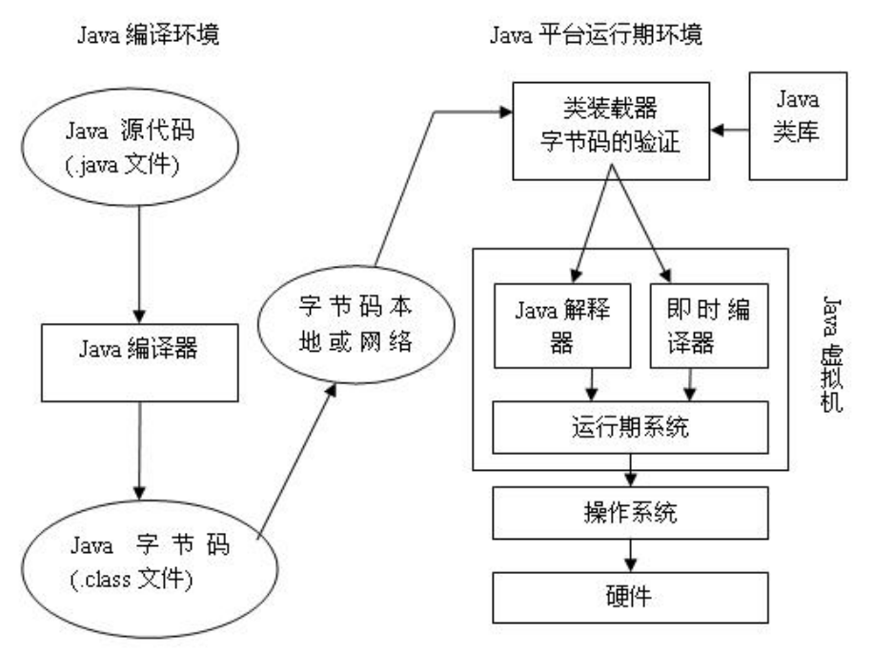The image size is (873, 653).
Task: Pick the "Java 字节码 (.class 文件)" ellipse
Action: coord(139,563)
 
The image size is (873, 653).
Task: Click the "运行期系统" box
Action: coord(629,427)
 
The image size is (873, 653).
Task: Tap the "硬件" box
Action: coord(629,597)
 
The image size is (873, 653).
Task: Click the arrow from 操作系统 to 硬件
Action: coord(629,556)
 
